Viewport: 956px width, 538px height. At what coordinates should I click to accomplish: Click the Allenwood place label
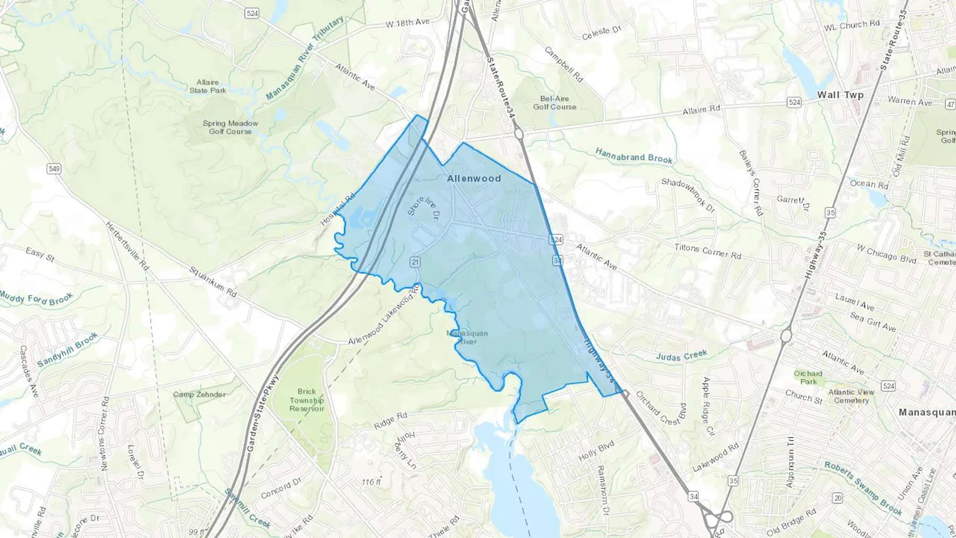point(474,178)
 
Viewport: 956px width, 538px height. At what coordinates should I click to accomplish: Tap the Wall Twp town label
point(840,95)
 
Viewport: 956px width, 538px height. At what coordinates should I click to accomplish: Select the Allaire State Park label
point(208,86)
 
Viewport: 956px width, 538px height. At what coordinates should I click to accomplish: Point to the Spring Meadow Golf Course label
point(230,127)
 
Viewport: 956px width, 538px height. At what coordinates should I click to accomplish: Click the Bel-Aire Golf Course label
point(554,103)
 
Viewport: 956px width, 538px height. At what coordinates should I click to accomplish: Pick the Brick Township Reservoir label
point(306,400)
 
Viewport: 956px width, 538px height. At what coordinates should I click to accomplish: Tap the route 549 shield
point(54,169)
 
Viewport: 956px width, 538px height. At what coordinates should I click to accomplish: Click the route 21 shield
point(415,262)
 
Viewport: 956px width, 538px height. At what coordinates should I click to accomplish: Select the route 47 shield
point(950,104)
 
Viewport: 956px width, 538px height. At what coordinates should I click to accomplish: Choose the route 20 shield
point(838,498)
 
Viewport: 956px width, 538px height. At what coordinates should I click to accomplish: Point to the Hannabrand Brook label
point(634,156)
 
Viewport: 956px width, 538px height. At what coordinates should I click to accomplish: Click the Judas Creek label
point(681,355)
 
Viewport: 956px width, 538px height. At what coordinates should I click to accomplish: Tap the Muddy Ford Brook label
point(36,298)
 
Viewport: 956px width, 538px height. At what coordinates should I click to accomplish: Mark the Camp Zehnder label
point(199,395)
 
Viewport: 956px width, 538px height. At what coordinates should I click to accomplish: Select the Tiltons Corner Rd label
point(707,251)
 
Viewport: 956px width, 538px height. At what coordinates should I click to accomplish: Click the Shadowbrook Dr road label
point(688,195)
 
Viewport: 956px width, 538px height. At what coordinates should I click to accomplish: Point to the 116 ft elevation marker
point(371,482)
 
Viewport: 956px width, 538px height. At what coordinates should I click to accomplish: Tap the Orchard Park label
point(808,377)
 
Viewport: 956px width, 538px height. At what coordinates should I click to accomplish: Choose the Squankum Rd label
point(213,281)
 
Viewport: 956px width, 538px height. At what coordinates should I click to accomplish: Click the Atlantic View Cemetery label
point(851,396)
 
